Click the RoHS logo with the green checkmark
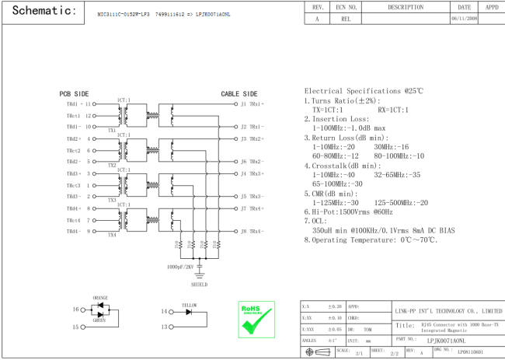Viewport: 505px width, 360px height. click(256, 319)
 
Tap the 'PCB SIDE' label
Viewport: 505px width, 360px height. click(75, 93)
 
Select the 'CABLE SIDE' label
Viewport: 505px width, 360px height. click(239, 93)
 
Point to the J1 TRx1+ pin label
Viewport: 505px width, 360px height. click(252, 103)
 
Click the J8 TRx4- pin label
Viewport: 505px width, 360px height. click(252, 231)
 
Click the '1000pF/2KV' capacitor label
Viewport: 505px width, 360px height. click(180, 267)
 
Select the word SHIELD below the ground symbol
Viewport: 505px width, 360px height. click(200, 284)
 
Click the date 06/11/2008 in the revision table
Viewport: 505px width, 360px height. click(465, 19)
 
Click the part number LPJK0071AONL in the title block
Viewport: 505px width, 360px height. click(447, 340)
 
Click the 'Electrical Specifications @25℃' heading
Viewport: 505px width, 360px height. click(364, 91)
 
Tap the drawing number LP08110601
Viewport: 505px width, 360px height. click(469, 352)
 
